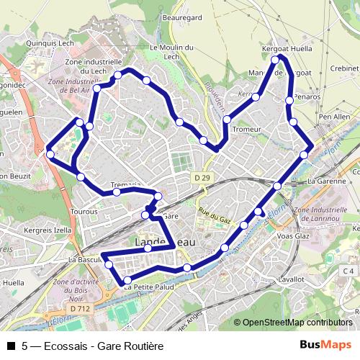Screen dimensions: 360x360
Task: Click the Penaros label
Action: tap(307, 96)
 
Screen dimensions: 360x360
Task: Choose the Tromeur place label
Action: tap(246, 129)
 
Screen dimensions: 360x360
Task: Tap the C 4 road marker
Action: tap(348, 270)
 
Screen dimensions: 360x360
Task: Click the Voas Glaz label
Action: tap(293, 236)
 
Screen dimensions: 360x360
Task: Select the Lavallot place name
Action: tap(290, 278)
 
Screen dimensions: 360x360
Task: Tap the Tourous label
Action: tap(84, 212)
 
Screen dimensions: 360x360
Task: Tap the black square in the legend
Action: tap(11, 346)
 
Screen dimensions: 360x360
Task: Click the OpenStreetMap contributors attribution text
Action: tap(297, 323)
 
